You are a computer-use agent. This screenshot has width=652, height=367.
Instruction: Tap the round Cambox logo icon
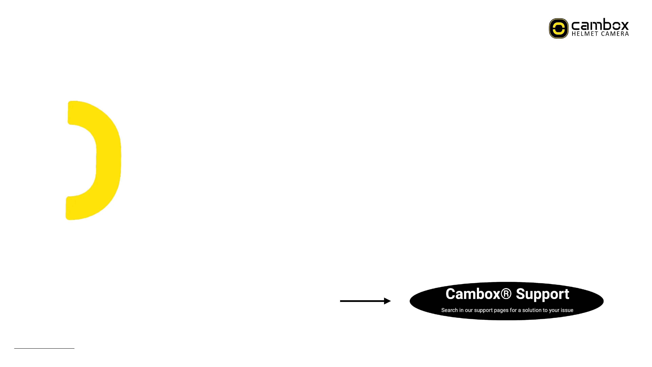click(558, 28)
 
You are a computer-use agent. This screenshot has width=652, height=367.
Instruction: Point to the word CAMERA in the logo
click(615, 34)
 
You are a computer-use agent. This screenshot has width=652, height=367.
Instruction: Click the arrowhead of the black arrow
click(387, 301)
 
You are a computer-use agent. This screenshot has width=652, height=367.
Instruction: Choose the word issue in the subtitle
click(567, 310)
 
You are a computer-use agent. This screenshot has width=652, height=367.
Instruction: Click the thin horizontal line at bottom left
click(44, 348)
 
